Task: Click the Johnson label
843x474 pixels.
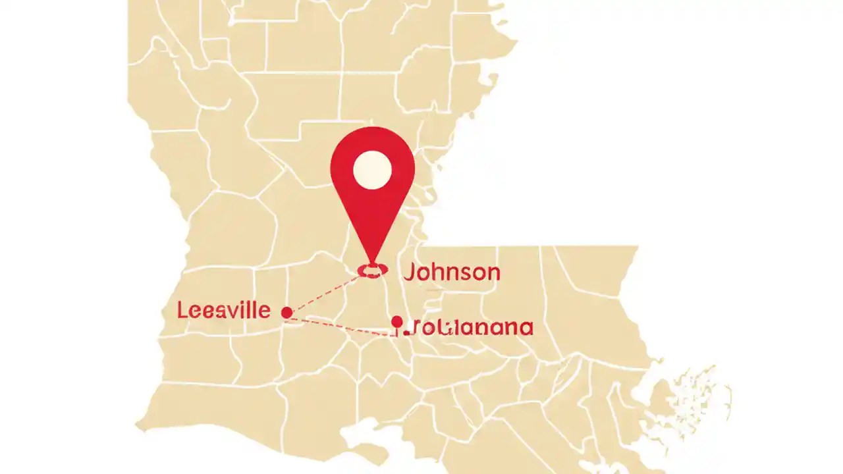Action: coord(451,272)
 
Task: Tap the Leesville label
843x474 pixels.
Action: coord(223,310)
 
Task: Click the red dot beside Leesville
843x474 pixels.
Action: coord(286,312)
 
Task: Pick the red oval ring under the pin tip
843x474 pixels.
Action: coord(372,270)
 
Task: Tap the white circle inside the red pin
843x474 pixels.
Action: coord(372,170)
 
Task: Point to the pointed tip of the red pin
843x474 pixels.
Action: coord(373,261)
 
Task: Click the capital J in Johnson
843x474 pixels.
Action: coord(409,272)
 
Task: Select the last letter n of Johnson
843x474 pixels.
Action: coord(492,273)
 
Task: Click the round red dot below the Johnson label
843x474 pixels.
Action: coord(396,322)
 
